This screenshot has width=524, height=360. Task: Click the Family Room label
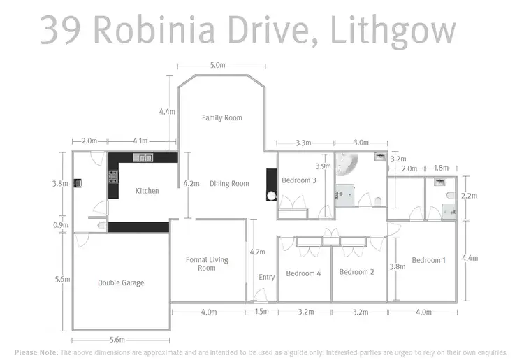click(x=221, y=117)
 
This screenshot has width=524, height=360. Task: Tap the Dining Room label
click(x=229, y=184)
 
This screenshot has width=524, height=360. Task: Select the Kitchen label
click(x=147, y=191)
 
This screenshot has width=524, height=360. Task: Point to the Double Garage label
click(x=121, y=283)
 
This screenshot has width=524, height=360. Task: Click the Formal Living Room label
click(x=207, y=264)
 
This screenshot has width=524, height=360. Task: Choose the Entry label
click(x=266, y=278)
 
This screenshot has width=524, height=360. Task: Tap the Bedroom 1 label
click(x=428, y=260)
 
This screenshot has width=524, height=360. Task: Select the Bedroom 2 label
click(x=357, y=272)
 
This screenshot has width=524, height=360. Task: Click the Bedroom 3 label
click(x=299, y=180)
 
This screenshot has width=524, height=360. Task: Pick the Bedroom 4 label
click(x=303, y=273)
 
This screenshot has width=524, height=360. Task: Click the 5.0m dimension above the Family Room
click(x=217, y=66)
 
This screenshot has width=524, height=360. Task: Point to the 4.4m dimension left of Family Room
click(x=166, y=112)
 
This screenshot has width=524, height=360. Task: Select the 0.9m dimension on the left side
click(x=61, y=225)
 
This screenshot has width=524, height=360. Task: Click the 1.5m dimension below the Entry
click(x=262, y=312)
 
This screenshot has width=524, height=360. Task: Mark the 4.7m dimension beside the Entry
click(x=257, y=252)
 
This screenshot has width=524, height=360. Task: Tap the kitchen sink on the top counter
click(x=145, y=158)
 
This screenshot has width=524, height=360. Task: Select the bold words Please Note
click(x=36, y=352)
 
